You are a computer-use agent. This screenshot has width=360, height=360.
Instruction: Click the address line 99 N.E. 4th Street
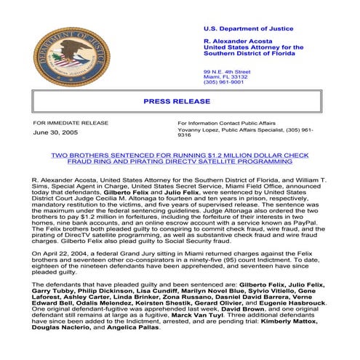(x=226, y=72)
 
